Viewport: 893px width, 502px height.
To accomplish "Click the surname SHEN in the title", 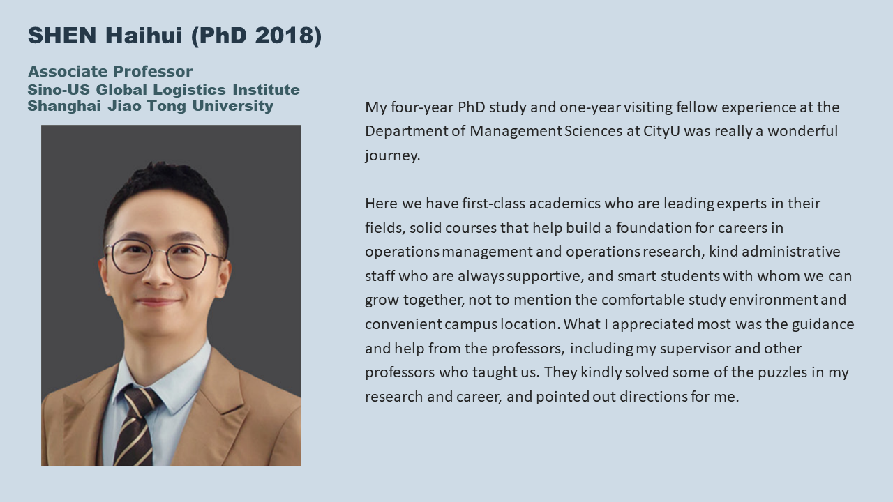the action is coord(62,35).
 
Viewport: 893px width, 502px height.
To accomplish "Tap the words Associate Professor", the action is coord(110,72).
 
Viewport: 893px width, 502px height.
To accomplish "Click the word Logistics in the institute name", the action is coord(189,91).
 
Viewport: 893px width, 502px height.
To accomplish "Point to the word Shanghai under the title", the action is coord(64,107).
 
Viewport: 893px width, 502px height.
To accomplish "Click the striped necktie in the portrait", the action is coord(135,425).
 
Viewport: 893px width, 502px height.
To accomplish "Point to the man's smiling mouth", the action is coord(157,302).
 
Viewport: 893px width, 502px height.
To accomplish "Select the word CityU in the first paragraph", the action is coord(662,131).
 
